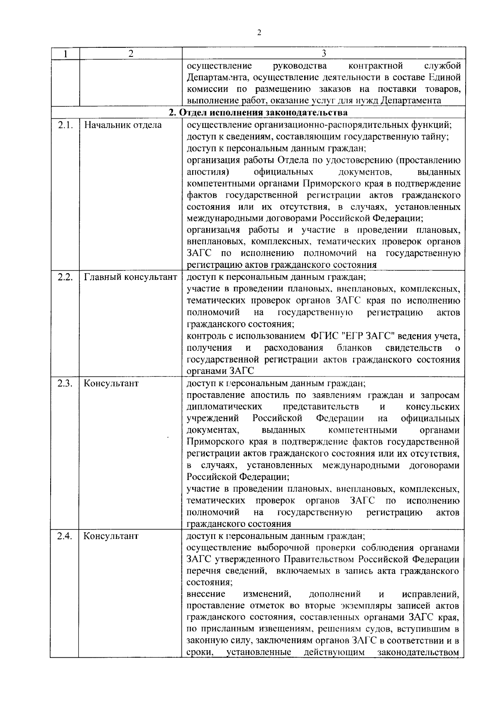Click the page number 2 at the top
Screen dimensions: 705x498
point(259,33)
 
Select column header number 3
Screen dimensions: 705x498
point(324,54)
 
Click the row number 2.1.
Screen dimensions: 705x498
point(65,125)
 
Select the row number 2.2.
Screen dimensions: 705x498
point(65,277)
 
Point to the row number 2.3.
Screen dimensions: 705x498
point(65,383)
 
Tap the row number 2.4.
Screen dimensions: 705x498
point(65,536)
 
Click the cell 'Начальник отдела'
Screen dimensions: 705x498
point(123,125)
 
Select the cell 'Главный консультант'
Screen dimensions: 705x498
point(131,277)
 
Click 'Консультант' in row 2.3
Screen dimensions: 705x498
point(111,383)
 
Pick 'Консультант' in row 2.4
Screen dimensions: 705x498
point(111,536)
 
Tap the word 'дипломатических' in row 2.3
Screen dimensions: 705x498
point(224,406)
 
